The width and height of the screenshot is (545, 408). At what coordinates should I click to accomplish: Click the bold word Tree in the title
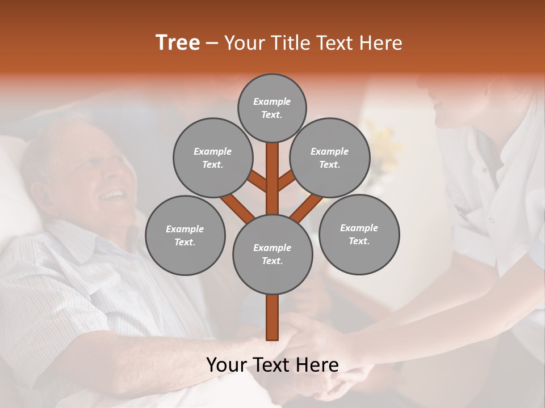pyautogui.click(x=178, y=42)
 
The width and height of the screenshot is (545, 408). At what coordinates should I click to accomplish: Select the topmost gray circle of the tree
pyautogui.click(x=272, y=108)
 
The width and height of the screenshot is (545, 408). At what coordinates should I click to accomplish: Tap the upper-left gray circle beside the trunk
pyautogui.click(x=213, y=158)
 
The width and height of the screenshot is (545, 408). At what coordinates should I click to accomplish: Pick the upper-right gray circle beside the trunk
pyautogui.click(x=330, y=158)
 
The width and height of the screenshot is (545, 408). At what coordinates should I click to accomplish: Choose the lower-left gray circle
pyautogui.click(x=185, y=235)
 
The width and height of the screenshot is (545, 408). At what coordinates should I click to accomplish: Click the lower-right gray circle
pyautogui.click(x=359, y=234)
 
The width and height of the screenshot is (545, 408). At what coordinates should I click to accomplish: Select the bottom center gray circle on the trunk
pyautogui.click(x=272, y=254)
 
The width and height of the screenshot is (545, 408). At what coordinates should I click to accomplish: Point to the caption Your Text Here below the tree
pyautogui.click(x=272, y=365)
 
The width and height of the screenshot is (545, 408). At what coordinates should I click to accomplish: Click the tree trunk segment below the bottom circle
pyautogui.click(x=272, y=317)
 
